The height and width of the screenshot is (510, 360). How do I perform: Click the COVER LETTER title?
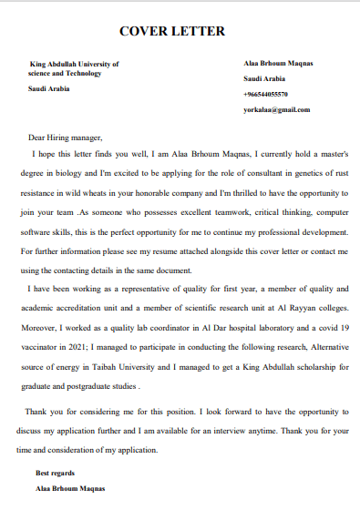172,32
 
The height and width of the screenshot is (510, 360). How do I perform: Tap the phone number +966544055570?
266,94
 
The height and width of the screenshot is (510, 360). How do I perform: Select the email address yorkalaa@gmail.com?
277,109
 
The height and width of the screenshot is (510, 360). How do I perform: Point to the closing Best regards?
55,474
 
